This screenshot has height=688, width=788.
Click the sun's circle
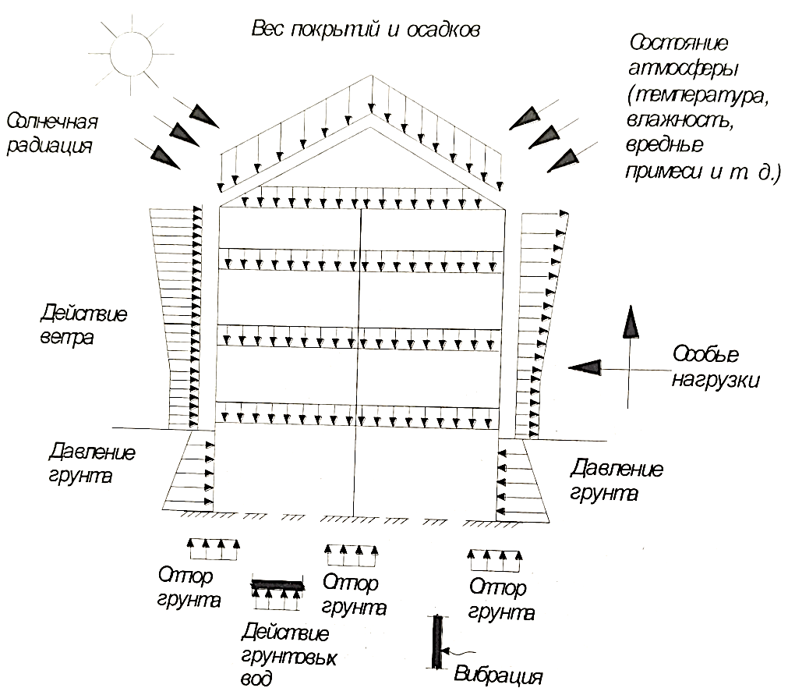131,35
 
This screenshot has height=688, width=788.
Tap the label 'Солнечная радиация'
51,134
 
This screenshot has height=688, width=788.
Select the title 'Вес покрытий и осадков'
366,29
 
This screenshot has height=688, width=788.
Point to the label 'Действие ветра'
83,324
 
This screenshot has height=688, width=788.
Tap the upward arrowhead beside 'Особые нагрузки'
631,321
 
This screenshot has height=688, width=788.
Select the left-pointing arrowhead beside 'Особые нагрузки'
585,367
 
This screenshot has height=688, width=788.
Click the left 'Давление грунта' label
91,463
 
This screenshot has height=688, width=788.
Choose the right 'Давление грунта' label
616,480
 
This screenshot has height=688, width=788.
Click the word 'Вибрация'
498,675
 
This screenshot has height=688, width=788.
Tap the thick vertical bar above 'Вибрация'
438,642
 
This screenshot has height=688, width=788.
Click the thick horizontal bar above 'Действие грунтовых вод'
278,585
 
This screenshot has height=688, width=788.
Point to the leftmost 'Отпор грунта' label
189,587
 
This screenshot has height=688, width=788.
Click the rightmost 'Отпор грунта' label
501,600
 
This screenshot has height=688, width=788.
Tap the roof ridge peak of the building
372,76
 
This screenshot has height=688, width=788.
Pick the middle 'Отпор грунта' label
354,594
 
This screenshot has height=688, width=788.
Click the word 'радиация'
49,146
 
